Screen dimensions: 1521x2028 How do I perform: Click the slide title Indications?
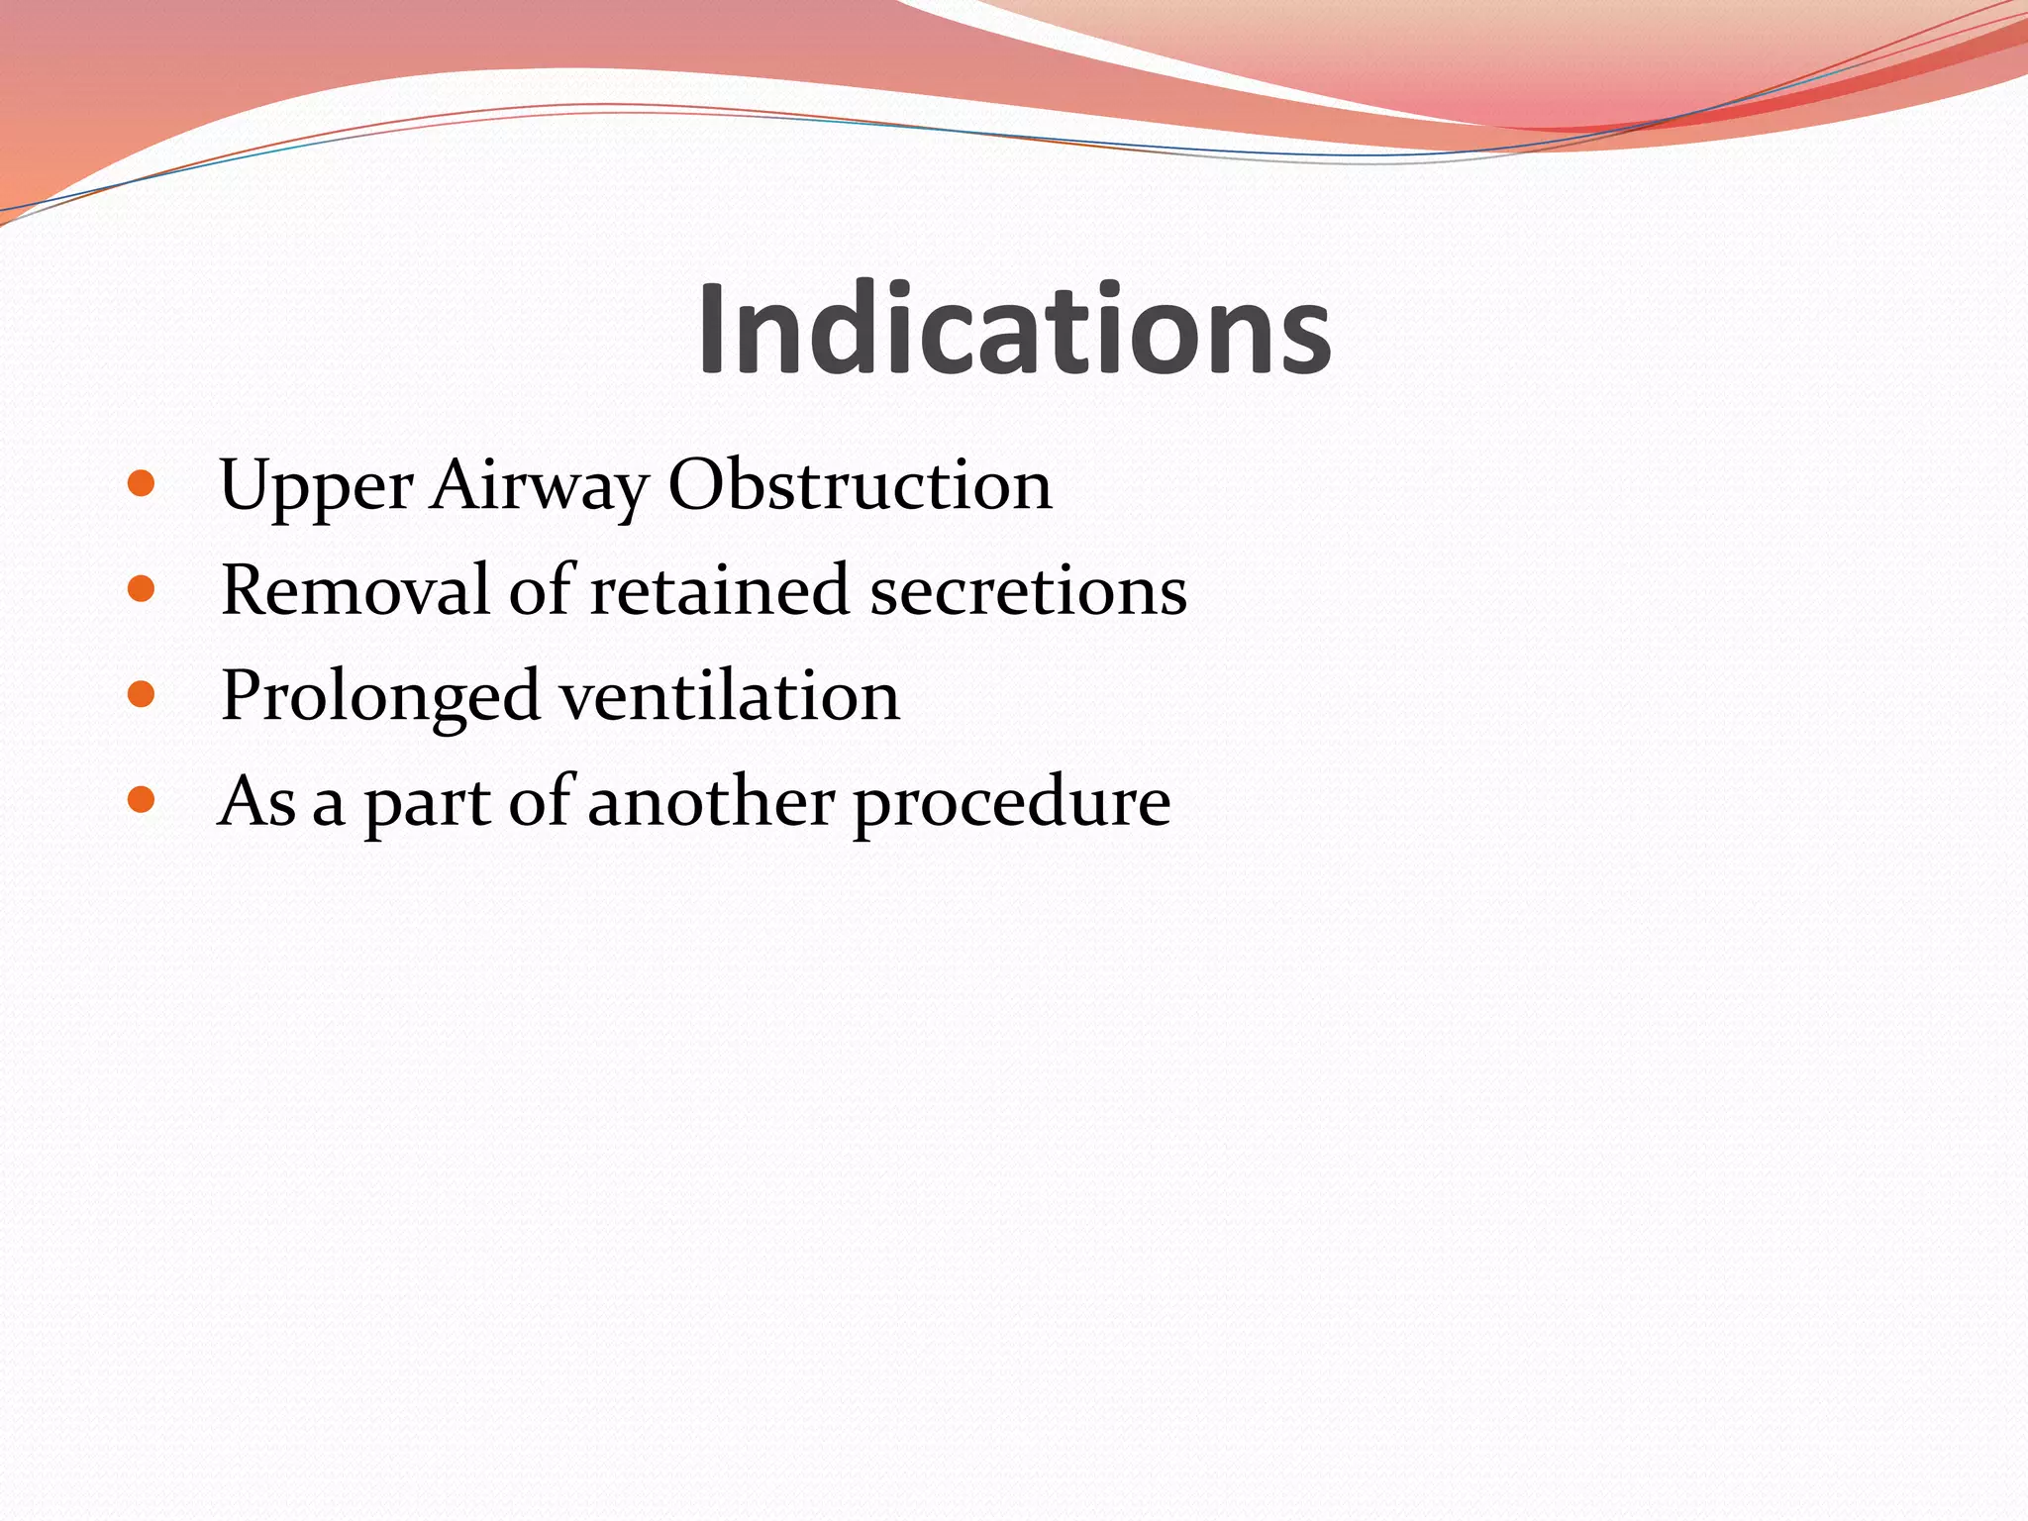click(x=1014, y=329)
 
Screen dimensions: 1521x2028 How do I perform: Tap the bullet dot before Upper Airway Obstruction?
click(x=142, y=483)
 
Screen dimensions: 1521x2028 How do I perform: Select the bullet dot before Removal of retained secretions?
click(x=142, y=589)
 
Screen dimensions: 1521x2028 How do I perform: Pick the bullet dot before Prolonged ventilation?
click(x=142, y=694)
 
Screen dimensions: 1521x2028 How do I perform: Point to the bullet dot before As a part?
click(x=142, y=799)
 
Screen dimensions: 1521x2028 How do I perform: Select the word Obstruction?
click(x=860, y=485)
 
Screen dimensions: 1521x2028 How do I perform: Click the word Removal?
click(x=355, y=590)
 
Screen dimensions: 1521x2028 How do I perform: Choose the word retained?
click(x=720, y=590)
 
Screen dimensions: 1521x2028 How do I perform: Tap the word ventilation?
click(x=731, y=695)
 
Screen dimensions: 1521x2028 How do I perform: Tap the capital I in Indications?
click(x=713, y=329)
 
